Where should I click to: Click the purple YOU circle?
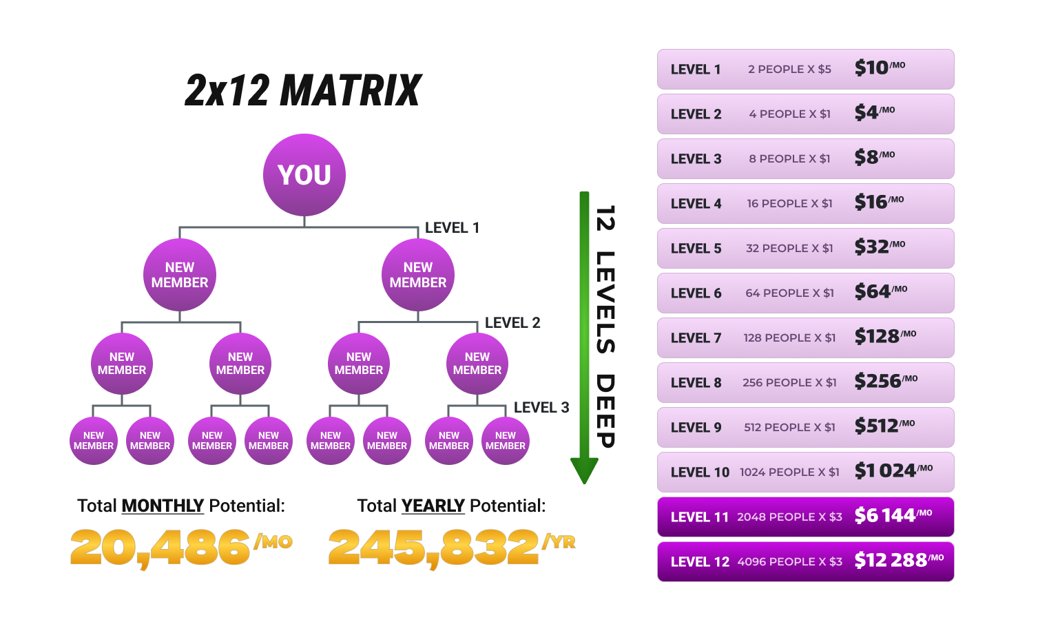pyautogui.click(x=304, y=175)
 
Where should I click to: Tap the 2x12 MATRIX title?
pyautogui.click(x=303, y=91)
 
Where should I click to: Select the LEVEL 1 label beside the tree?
pyautogui.click(x=452, y=228)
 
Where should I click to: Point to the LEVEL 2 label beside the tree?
pyautogui.click(x=512, y=323)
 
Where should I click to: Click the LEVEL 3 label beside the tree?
pyautogui.click(x=541, y=408)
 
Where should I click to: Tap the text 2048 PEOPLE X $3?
pyautogui.click(x=789, y=517)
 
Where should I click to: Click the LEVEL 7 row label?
pyautogui.click(x=696, y=338)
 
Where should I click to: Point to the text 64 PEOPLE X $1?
pyautogui.click(x=789, y=293)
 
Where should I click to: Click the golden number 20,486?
pyautogui.click(x=160, y=548)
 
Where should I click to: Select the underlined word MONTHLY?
pyautogui.click(x=163, y=506)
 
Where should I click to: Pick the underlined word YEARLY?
pyautogui.click(x=433, y=506)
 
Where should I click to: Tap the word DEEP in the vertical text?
pyautogui.click(x=605, y=411)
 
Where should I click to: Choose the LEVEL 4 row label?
pyautogui.click(x=696, y=204)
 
